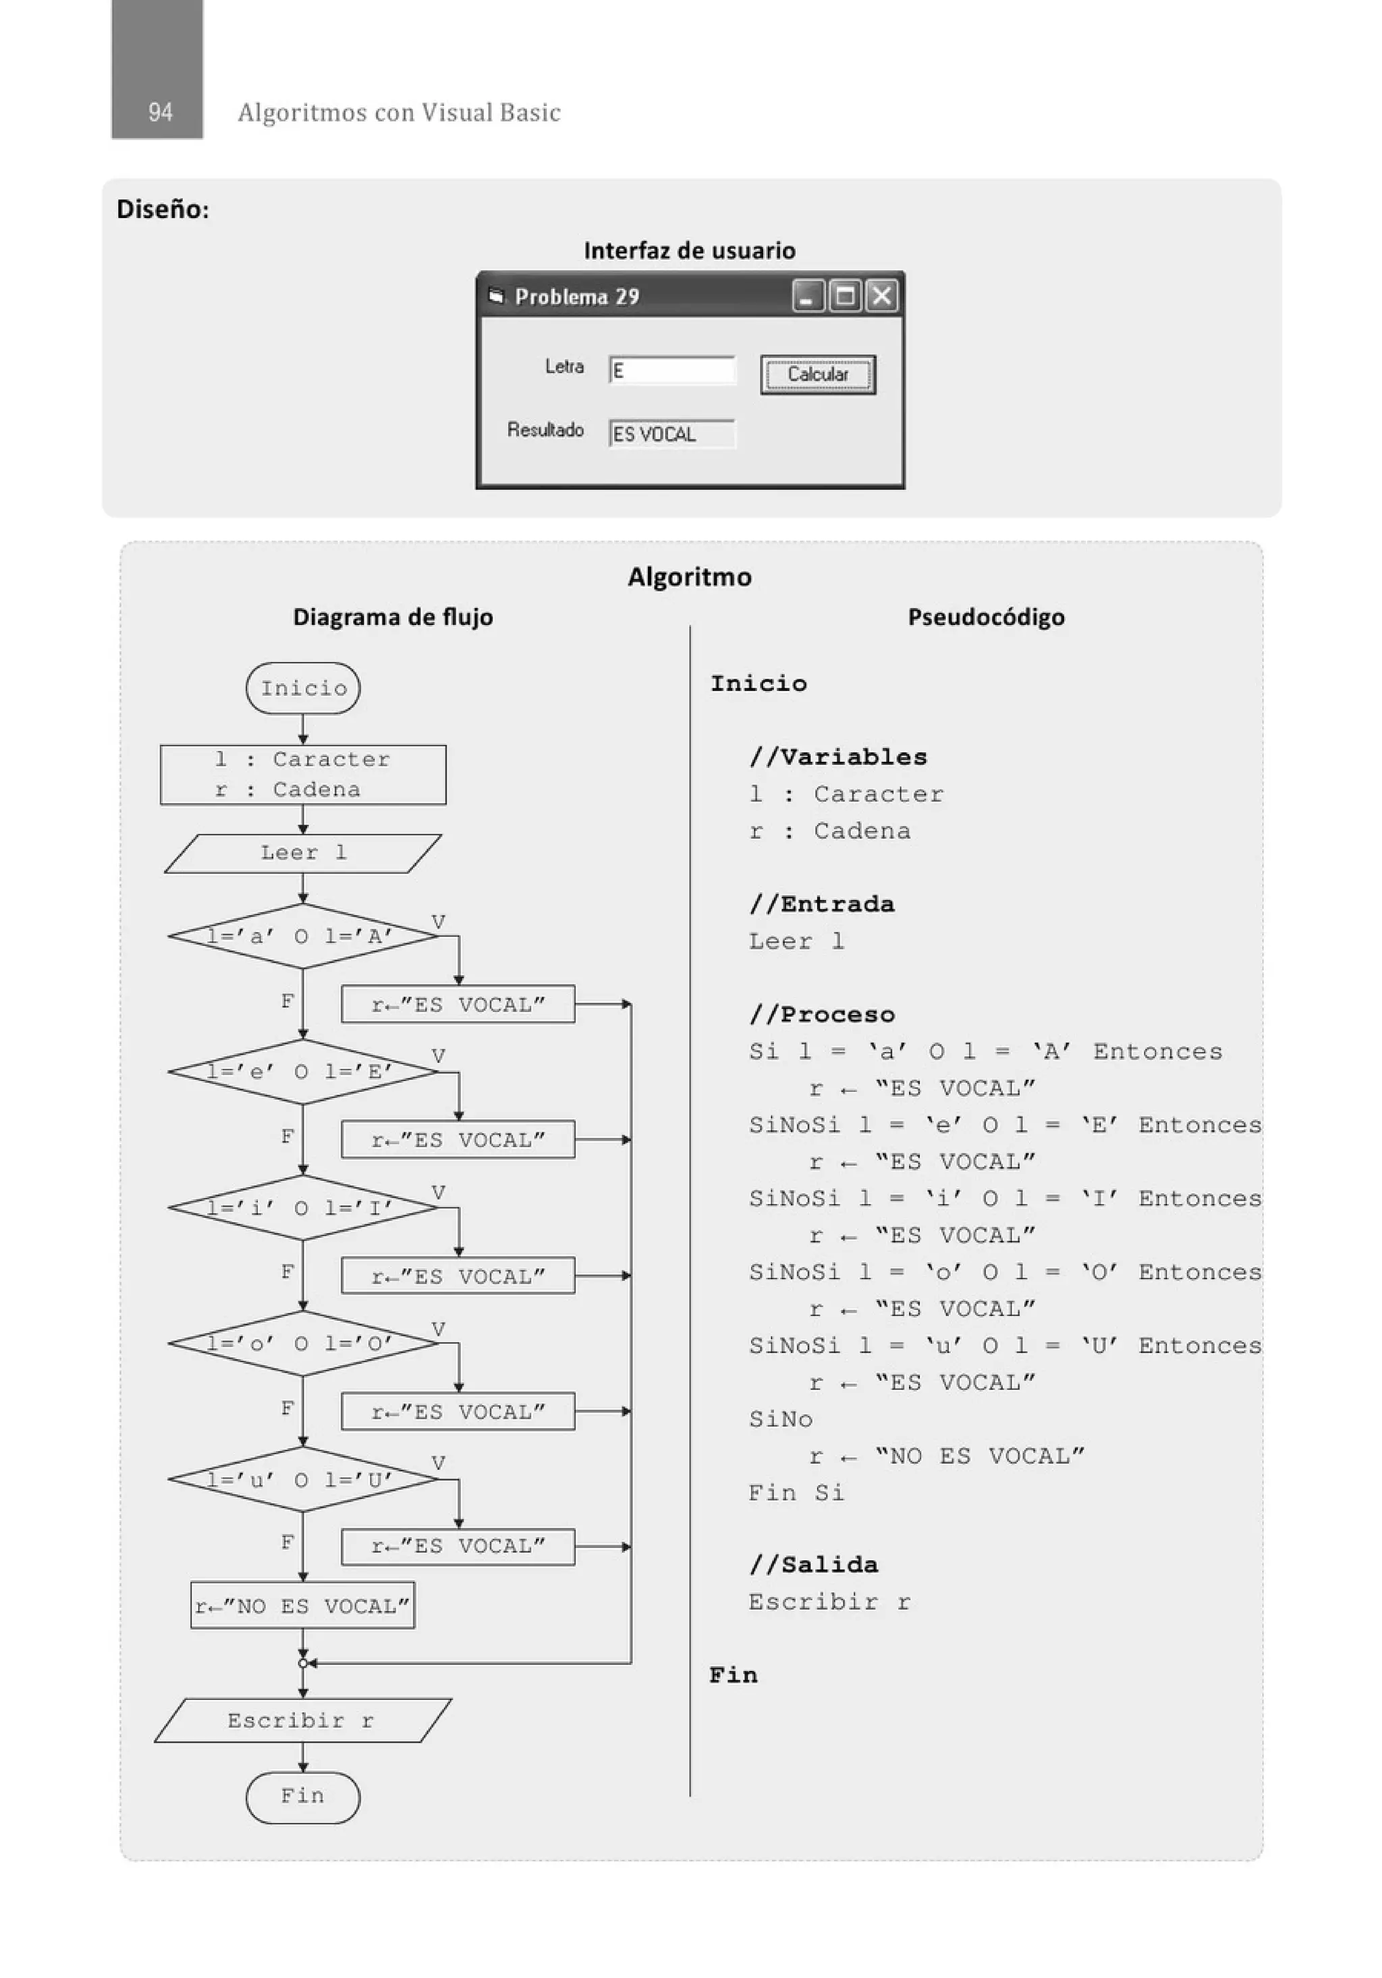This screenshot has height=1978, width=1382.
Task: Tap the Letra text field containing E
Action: click(671, 370)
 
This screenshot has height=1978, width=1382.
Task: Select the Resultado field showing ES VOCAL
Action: click(671, 434)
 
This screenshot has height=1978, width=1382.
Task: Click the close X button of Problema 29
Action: click(881, 296)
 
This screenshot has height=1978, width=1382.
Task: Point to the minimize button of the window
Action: click(807, 296)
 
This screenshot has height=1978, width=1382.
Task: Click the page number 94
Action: click(160, 112)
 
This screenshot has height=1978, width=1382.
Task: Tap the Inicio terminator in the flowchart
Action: click(303, 688)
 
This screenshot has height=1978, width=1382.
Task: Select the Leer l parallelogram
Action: click(303, 853)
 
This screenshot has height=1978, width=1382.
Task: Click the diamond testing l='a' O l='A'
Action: click(303, 935)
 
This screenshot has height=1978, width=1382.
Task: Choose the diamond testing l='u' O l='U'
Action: click(303, 1479)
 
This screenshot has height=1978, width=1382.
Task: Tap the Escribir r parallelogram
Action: click(302, 1720)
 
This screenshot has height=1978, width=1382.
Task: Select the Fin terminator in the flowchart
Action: click(302, 1797)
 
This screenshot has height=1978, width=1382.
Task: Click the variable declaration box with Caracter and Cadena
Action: click(303, 775)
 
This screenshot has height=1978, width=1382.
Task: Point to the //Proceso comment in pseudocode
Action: click(822, 1014)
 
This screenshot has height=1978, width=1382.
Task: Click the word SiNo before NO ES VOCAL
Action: click(781, 1419)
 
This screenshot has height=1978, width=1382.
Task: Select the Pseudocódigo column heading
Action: click(986, 617)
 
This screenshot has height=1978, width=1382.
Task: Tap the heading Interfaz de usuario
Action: click(689, 250)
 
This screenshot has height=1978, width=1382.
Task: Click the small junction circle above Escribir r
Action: click(302, 1664)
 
